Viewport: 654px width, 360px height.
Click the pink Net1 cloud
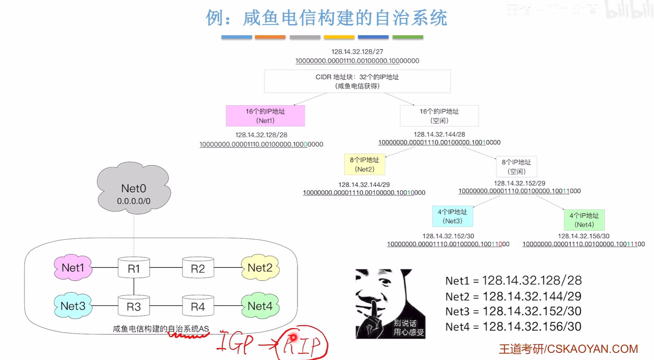click(x=73, y=267)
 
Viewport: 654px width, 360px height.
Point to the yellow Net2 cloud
click(x=260, y=267)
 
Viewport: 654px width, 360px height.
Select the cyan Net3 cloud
click(x=73, y=306)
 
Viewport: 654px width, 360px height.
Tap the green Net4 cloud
click(x=260, y=306)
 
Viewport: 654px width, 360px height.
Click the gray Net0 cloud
click(x=134, y=189)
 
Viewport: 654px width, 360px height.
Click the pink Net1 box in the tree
click(x=265, y=116)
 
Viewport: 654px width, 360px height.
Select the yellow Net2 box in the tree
click(x=365, y=165)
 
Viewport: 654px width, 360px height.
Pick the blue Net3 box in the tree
click(x=452, y=217)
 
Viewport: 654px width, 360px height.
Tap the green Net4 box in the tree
click(x=584, y=220)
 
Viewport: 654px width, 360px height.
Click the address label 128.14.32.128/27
click(x=357, y=52)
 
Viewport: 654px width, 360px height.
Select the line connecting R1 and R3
click(x=134, y=287)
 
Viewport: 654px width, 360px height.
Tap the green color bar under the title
click(x=407, y=37)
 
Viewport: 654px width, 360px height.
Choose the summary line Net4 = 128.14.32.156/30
click(x=513, y=327)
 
